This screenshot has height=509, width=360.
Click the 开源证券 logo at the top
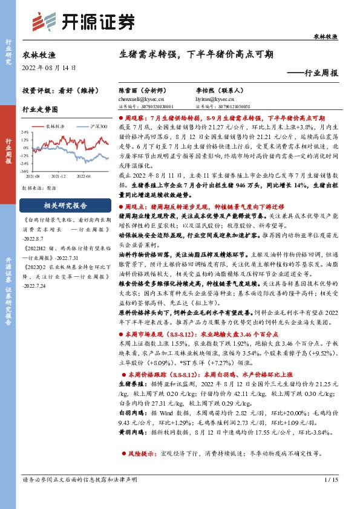tap(83, 22)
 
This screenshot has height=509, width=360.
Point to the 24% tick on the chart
tap(25, 131)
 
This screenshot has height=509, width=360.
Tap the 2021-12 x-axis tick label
tap(58, 176)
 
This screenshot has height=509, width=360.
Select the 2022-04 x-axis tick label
tap(83, 176)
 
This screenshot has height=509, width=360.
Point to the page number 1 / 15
tap(330, 497)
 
